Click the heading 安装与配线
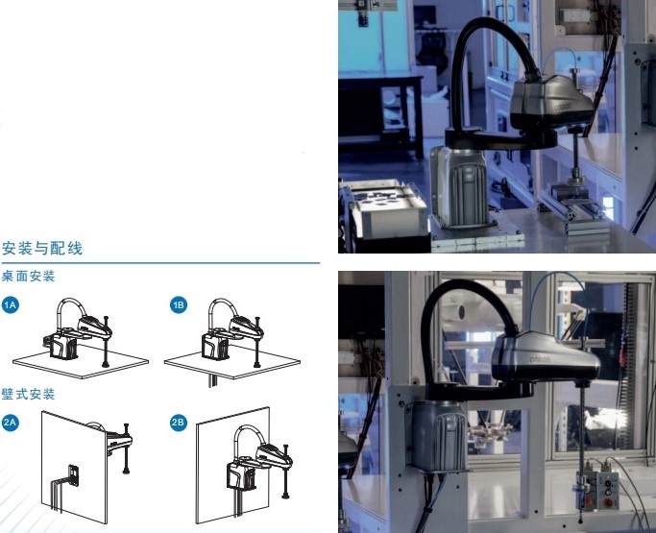pos(42,248)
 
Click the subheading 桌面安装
pos(29,277)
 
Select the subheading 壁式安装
pos(29,394)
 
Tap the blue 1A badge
pos(10,305)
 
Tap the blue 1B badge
pos(179,305)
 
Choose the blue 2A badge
pos(10,423)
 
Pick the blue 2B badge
pos(179,423)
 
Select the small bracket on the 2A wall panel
pos(74,475)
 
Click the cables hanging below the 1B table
pos(213,380)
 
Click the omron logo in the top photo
pos(563,107)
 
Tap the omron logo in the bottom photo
pos(540,359)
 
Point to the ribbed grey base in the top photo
pos(459,187)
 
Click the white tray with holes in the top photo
pos(387,208)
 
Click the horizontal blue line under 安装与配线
pos(160,263)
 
